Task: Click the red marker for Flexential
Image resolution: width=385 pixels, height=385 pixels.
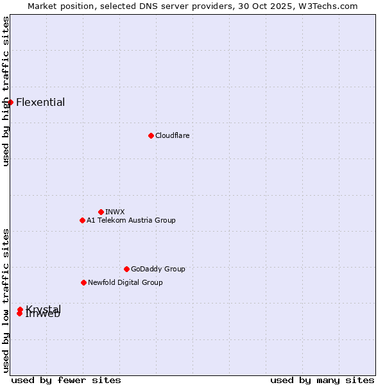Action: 10,102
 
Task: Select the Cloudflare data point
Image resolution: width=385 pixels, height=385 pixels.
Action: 151,135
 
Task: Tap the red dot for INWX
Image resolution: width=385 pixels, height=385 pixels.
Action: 101,212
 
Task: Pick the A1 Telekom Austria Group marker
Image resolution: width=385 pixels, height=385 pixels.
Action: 82,220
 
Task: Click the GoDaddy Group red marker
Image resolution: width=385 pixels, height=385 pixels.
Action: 126,269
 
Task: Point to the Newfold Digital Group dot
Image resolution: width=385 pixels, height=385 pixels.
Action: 83,282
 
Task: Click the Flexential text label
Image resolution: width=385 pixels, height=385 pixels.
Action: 40,103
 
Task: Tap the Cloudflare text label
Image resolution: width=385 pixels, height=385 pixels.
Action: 172,135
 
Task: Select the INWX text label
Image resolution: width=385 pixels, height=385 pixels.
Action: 115,212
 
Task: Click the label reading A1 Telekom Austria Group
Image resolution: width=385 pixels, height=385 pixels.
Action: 131,220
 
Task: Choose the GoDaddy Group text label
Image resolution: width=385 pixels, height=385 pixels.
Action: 158,269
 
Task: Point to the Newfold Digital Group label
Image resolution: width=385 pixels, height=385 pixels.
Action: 125,282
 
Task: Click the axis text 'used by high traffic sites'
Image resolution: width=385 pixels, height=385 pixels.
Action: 6,91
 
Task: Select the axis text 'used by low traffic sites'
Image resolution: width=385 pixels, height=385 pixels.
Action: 6,300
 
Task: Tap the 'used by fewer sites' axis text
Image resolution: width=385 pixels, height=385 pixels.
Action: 66,380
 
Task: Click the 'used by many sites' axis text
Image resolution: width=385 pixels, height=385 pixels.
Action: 322,380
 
